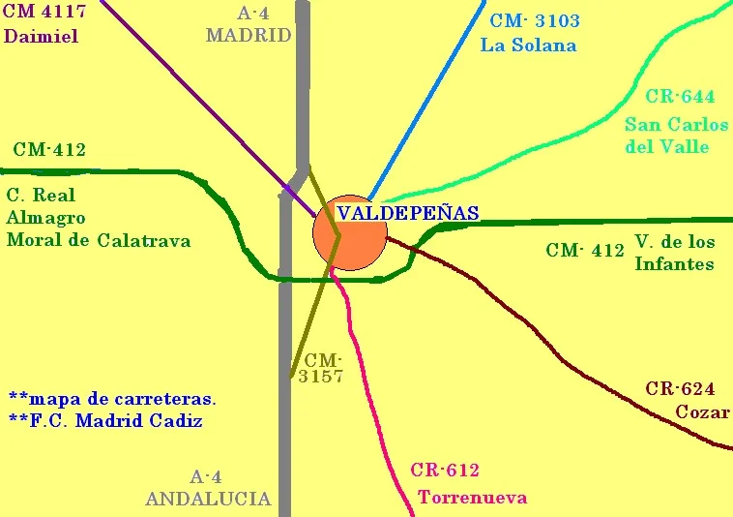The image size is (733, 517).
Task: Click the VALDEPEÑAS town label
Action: point(407,214)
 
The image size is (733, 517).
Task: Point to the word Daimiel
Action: point(41,37)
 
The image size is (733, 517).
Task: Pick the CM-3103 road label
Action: point(535,21)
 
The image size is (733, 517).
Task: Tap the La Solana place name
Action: point(528,45)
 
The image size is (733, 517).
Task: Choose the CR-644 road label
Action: point(680,97)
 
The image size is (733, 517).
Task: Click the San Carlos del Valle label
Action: point(676,136)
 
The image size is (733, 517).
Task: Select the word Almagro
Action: point(45,218)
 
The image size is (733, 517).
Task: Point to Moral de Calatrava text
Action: point(98,240)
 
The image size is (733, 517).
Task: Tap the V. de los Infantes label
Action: point(674,252)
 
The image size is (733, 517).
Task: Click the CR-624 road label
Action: point(680,389)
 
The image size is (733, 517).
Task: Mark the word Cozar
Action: point(702,411)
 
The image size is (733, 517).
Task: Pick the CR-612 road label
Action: point(445,471)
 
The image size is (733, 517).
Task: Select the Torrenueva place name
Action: point(472,498)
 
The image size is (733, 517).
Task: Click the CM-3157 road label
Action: point(320,368)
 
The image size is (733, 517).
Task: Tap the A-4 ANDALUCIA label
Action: point(207,488)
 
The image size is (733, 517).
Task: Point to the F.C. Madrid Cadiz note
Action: point(105,421)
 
